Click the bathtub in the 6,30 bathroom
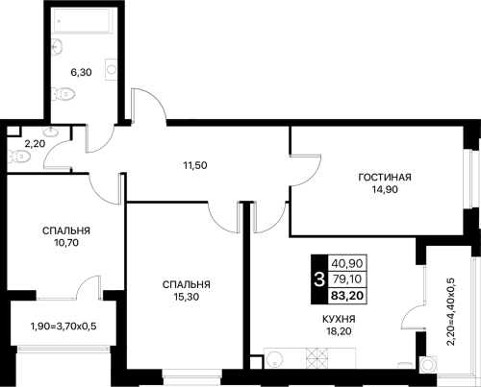click(x=83, y=20)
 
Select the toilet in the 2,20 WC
click(x=19, y=157)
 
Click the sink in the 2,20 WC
click(x=50, y=131)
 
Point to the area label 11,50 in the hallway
click(x=195, y=165)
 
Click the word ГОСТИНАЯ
click(x=385, y=177)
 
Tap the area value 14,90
click(x=385, y=189)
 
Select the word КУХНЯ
click(x=339, y=319)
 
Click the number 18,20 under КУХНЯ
click(x=339, y=331)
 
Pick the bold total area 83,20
click(x=347, y=296)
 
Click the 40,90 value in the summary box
click(x=347, y=263)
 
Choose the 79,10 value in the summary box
click(x=347, y=279)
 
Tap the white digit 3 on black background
click(x=319, y=279)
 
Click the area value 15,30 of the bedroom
click(x=187, y=297)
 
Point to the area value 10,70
click(x=66, y=243)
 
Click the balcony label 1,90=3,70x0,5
click(x=63, y=327)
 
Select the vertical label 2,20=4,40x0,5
click(x=450, y=312)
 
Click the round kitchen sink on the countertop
click(x=274, y=358)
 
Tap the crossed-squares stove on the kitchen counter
click(x=317, y=358)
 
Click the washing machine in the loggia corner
click(x=428, y=365)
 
